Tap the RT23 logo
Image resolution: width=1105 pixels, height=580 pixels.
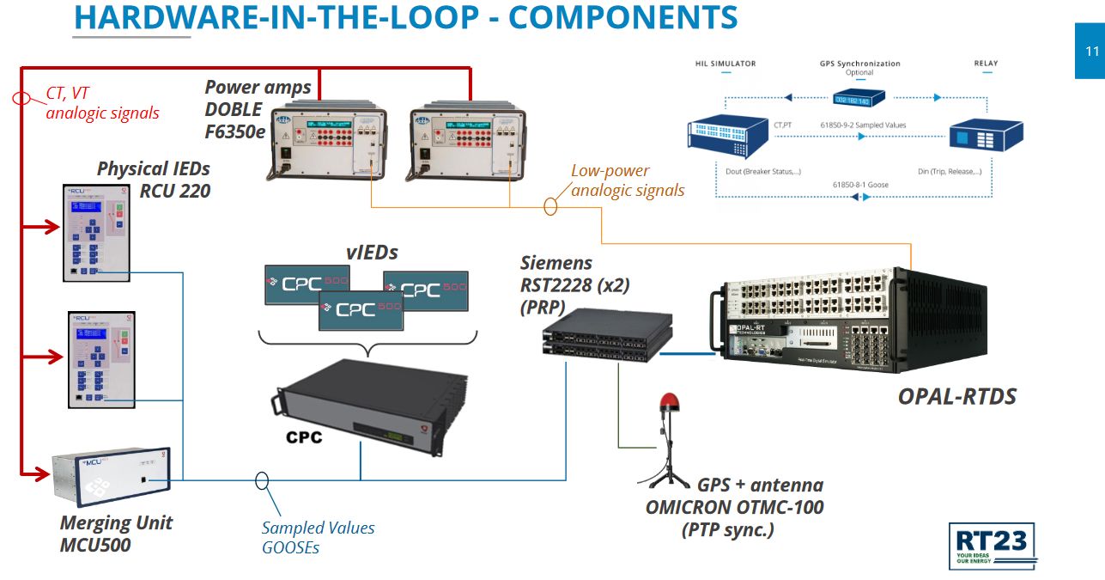[993, 545]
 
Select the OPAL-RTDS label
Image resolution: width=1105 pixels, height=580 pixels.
[956, 396]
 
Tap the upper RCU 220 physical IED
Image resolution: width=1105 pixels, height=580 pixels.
[95, 232]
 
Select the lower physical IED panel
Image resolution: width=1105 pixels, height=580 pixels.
[95, 358]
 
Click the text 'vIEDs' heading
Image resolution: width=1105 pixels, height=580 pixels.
[373, 253]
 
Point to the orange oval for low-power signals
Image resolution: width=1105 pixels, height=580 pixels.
[550, 206]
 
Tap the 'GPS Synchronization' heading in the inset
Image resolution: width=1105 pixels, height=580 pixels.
[859, 64]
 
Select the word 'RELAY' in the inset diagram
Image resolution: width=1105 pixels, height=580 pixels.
[986, 64]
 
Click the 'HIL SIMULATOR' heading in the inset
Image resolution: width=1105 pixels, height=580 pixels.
[726, 64]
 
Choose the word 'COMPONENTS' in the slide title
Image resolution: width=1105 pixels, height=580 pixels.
[622, 17]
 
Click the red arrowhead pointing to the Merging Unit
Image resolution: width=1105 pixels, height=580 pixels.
[39, 472]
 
